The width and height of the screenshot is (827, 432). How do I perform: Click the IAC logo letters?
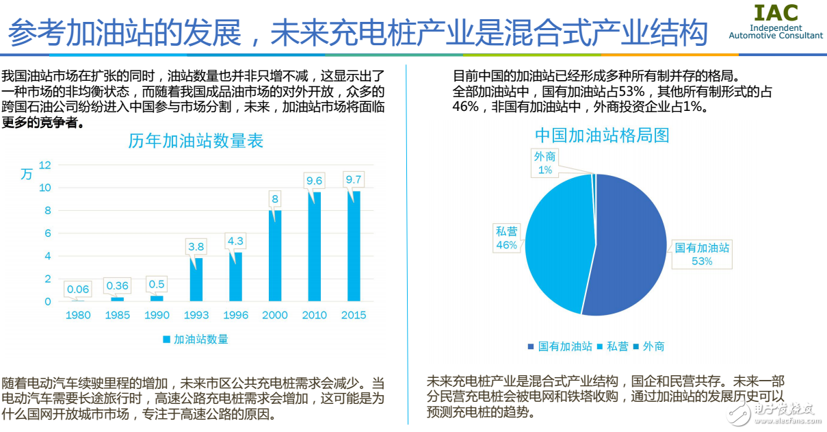[776, 13]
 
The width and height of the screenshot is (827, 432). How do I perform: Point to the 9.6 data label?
[314, 180]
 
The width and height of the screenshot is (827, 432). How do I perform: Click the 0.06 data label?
[78, 289]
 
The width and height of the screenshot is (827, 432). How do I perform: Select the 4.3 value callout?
[235, 241]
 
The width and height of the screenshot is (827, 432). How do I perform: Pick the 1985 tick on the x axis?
[117, 315]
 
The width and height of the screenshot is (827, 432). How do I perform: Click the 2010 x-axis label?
[314, 315]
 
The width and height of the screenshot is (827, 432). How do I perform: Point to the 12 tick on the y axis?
[46, 164]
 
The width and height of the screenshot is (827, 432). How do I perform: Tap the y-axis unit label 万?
[26, 174]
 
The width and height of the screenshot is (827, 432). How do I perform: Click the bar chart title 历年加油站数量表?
[196, 141]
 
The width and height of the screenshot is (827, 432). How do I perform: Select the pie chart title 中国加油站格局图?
[602, 135]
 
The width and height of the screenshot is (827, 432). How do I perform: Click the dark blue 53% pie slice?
[629, 246]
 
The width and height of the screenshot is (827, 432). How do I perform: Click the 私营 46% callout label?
[507, 238]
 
